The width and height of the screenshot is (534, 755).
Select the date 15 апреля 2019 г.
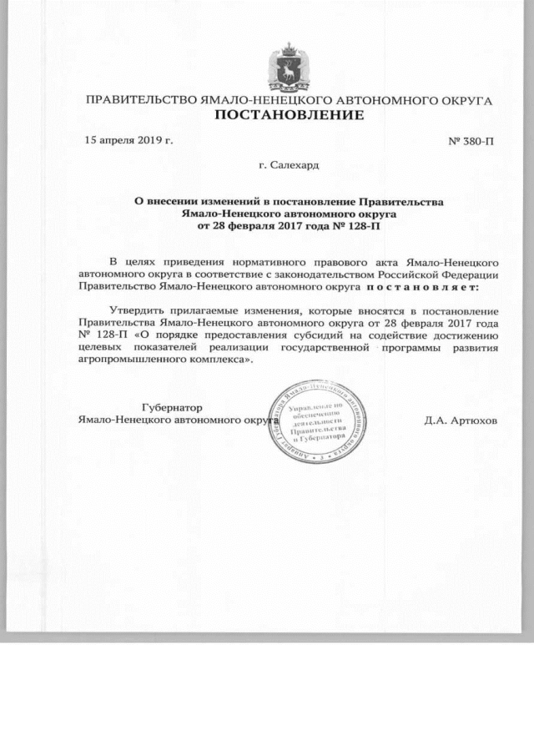(x=129, y=139)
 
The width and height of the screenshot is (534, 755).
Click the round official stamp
(x=316, y=421)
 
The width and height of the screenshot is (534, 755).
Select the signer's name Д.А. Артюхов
(x=461, y=420)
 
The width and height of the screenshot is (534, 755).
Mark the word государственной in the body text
(x=329, y=346)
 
